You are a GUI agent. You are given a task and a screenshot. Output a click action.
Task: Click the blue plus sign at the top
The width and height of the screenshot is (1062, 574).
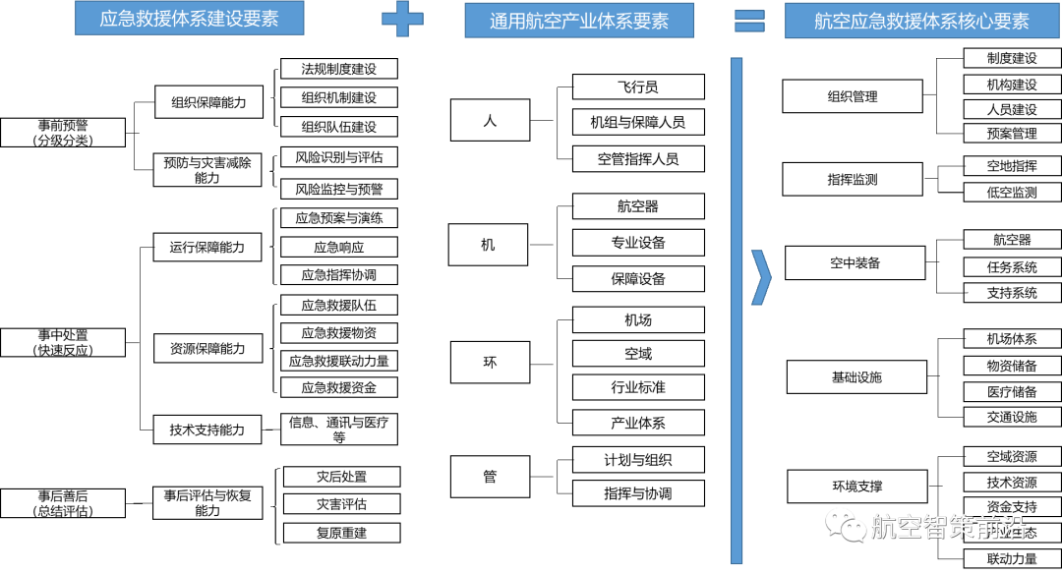(402, 19)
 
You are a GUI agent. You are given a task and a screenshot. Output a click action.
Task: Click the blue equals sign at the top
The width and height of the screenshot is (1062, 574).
(749, 20)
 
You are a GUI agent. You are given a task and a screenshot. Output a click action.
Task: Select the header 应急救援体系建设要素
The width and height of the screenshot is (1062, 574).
(189, 19)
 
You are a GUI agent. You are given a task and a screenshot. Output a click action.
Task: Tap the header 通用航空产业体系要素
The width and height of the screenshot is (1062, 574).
(578, 20)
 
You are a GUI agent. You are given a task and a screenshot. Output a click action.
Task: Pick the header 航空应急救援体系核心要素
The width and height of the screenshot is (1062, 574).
(921, 21)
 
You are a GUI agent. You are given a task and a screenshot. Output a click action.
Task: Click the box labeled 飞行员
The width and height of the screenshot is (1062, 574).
(637, 86)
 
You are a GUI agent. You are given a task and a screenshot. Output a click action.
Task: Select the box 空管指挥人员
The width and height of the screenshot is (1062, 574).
(637, 158)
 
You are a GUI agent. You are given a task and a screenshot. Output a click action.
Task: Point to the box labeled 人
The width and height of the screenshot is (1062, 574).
(490, 121)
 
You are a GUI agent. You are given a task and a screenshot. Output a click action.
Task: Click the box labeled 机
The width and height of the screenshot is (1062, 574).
(488, 245)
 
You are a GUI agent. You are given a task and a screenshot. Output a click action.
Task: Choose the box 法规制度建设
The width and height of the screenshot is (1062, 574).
(338, 69)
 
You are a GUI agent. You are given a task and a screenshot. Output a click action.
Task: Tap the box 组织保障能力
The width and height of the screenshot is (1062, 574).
(208, 102)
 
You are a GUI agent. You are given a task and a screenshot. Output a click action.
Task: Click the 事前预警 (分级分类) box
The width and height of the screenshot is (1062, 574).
(63, 133)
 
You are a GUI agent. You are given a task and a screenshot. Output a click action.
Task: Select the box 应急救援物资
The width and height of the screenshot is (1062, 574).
(338, 333)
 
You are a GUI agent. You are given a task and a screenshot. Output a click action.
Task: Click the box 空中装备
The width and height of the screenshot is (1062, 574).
(855, 263)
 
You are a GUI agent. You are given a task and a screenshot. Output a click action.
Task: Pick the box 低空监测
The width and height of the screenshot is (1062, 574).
(1011, 193)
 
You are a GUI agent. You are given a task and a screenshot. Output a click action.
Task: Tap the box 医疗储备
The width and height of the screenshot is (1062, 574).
(1011, 391)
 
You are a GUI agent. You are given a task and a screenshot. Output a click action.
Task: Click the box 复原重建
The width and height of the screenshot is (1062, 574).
(341, 533)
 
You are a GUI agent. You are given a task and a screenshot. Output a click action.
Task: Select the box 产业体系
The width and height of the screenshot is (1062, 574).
(637, 423)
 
